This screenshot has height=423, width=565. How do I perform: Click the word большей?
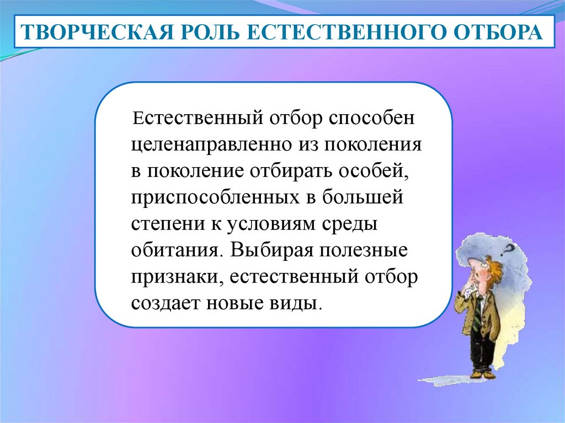coord(363,197)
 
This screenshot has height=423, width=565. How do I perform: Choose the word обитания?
coord(175,250)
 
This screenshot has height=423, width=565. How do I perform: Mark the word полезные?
coord(364,250)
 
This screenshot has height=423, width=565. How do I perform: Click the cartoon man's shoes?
coord(483,374)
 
